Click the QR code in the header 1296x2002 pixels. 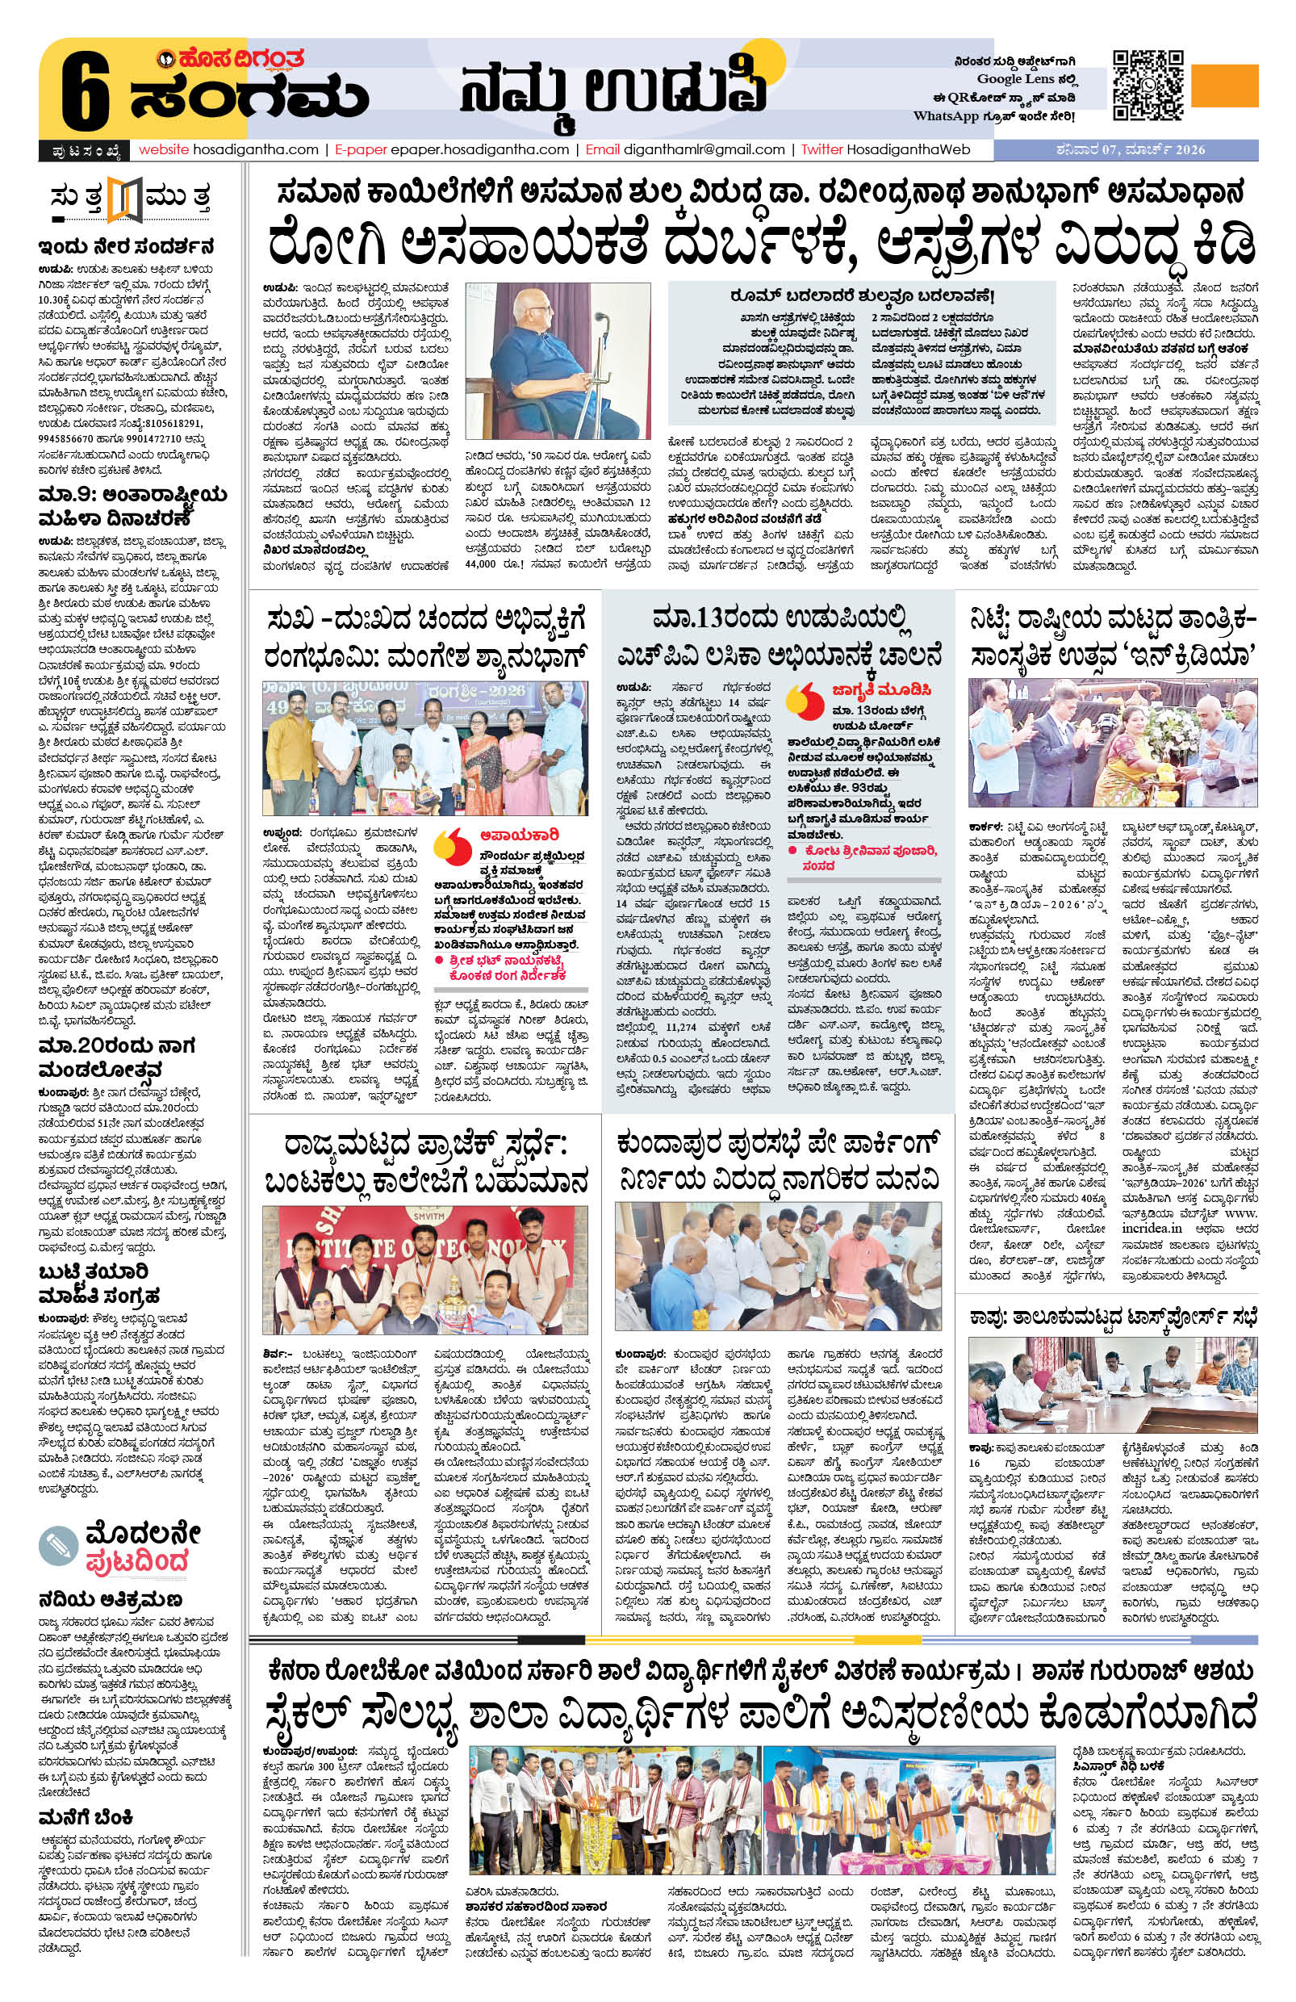tap(1148, 86)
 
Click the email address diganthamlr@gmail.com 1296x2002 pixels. tap(704, 149)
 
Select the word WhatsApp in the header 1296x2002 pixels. tap(945, 116)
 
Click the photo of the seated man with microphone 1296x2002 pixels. tap(558, 361)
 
